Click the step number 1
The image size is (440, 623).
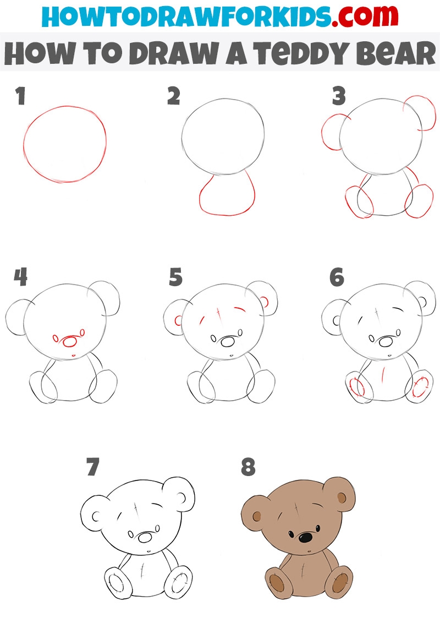[21, 96]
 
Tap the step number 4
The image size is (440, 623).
[21, 277]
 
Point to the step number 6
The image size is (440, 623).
[337, 277]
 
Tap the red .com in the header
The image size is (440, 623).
[365, 17]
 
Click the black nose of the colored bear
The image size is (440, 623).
[305, 538]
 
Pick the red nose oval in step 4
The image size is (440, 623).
[70, 341]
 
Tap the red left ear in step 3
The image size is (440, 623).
[323, 133]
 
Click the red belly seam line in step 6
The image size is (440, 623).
[383, 375]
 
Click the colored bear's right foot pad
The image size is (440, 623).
[340, 582]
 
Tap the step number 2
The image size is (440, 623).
[174, 96]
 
